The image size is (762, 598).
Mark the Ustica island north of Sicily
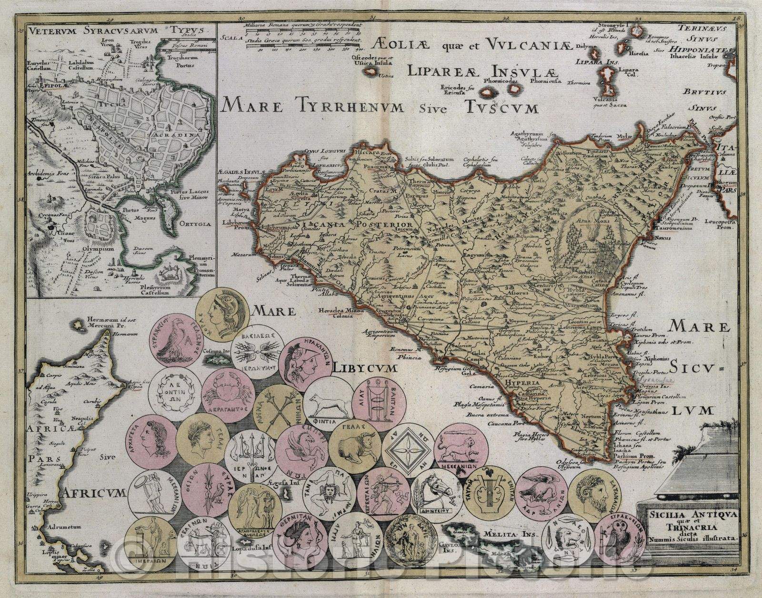pos(370,72)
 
